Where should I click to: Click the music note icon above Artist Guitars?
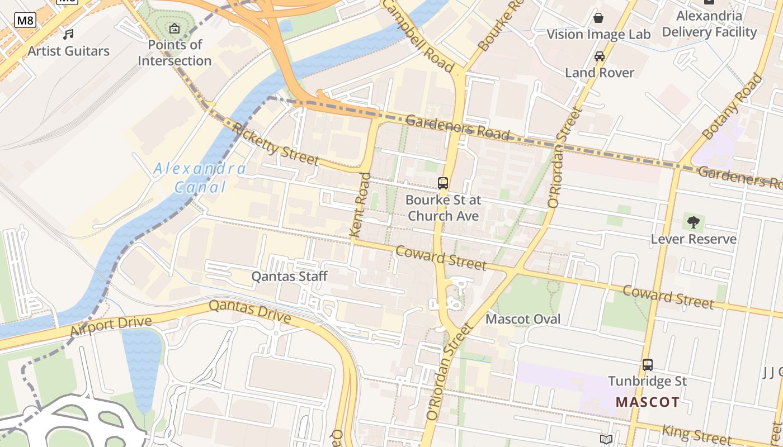click(x=68, y=35)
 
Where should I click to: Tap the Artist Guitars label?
click(x=68, y=51)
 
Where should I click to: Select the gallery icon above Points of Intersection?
click(x=174, y=28)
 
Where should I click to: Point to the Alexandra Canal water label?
click(x=200, y=178)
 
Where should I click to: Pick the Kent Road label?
click(x=360, y=205)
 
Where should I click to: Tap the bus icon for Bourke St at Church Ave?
click(x=443, y=183)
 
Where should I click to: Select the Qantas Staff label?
click(x=289, y=276)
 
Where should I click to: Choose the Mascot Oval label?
click(x=523, y=319)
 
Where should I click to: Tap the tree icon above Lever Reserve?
click(x=694, y=222)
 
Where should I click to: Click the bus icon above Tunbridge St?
click(x=647, y=365)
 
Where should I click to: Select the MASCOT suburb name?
click(x=648, y=402)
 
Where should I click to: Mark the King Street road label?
click(x=696, y=434)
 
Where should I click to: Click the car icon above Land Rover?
click(x=600, y=56)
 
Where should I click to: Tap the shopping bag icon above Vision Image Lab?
click(x=598, y=18)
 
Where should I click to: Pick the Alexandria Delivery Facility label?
click(x=709, y=24)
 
